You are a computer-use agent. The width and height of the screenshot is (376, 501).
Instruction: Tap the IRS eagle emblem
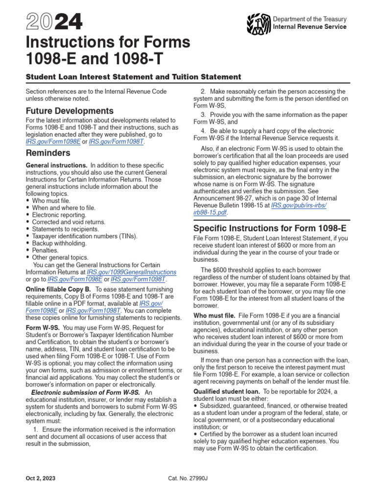(x=259, y=23)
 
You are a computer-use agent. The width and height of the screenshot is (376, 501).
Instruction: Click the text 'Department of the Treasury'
(x=309, y=19)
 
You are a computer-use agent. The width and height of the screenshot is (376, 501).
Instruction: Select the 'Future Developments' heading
(x=70, y=111)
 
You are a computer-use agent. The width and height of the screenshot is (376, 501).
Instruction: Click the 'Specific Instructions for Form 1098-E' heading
(x=270, y=228)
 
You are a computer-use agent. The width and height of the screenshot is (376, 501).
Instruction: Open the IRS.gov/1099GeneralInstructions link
(x=131, y=272)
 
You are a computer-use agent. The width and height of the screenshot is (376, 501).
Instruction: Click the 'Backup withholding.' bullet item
(x=59, y=243)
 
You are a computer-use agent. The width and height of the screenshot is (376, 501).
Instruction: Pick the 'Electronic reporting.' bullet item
(x=59, y=215)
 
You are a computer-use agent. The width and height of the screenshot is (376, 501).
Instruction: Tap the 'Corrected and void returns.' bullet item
(x=69, y=222)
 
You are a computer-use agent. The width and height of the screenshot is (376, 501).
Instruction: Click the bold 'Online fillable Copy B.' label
(x=58, y=289)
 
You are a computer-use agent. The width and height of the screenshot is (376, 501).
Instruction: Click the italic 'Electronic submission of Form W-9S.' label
(x=86, y=392)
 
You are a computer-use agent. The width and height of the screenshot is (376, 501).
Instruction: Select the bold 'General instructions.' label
(x=56, y=165)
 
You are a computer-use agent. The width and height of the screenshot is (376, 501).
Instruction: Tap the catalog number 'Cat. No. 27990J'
(x=188, y=478)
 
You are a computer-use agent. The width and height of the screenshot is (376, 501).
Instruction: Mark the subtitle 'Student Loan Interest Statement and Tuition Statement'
(x=133, y=77)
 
